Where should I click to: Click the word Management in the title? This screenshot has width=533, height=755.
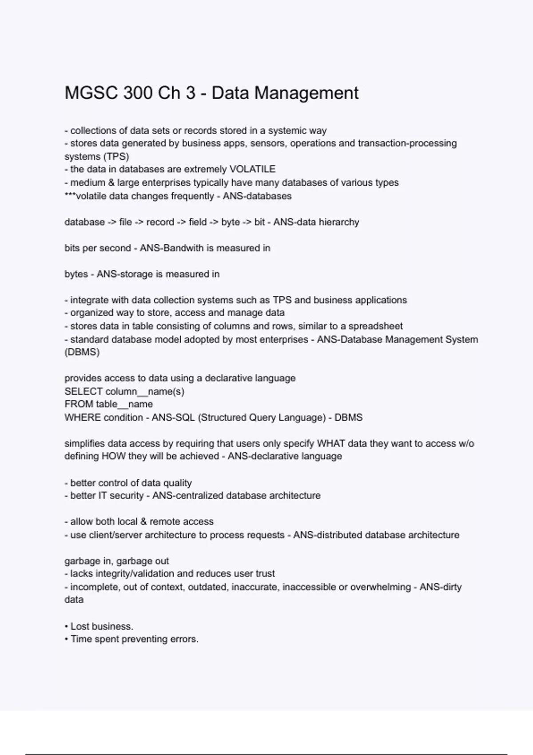pos(306,93)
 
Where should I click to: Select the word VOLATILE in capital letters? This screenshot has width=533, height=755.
pos(252,169)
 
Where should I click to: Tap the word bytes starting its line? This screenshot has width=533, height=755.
pos(76,274)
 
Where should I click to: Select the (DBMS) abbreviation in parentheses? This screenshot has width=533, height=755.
pos(82,352)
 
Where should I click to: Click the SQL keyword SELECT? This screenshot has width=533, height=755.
pos(84,391)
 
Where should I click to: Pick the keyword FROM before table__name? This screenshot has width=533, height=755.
pos(79,404)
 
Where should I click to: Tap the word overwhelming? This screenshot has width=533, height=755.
pos(381,587)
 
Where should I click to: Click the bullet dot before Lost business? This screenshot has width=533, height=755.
pos(67,627)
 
